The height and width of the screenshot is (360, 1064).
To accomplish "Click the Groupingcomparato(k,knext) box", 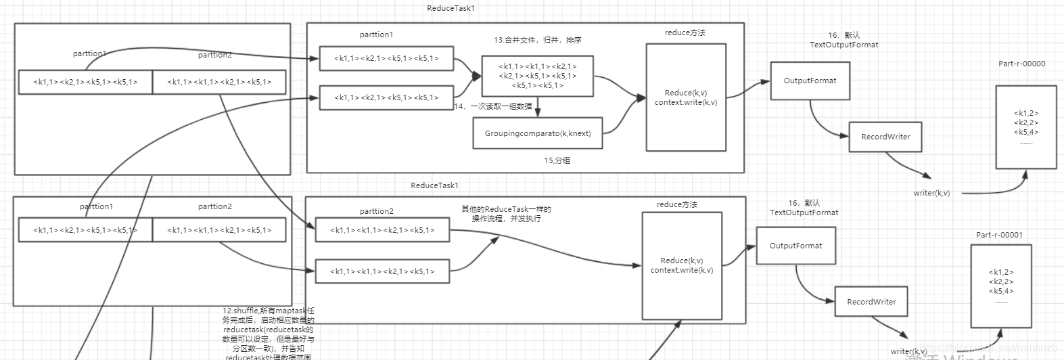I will coord(538,133).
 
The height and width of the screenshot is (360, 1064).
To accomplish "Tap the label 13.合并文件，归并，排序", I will coord(537,40).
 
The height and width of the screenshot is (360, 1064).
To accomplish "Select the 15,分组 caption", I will coord(557,160).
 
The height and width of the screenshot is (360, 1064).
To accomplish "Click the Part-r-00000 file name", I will coord(1021,64).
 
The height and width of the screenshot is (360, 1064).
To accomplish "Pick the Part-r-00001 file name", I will coord(999,235).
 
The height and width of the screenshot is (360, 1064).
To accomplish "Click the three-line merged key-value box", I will coord(538,76).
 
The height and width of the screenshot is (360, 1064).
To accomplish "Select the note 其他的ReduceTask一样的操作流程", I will coord(506,214).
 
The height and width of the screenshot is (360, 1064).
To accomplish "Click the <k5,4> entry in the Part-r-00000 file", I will coord(1025,132).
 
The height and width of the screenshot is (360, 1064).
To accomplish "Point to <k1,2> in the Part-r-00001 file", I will coord(1001,272).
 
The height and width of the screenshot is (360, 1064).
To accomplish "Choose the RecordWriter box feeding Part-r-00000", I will coord(885,137).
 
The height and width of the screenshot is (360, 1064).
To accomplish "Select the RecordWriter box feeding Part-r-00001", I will coord(871,302).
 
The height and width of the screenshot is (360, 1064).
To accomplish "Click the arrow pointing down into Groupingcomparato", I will coord(538,108).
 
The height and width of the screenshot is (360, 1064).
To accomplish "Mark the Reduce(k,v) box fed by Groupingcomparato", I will coord(686,97).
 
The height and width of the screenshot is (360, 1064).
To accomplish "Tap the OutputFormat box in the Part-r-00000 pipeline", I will coord(810,81).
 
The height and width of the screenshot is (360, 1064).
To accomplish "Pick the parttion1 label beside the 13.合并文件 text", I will coord(376,35).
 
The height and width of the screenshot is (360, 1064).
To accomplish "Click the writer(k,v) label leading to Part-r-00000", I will coord(931,193).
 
